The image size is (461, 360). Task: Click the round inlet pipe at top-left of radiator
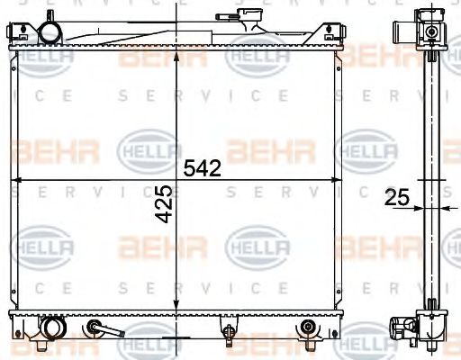(50, 33)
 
